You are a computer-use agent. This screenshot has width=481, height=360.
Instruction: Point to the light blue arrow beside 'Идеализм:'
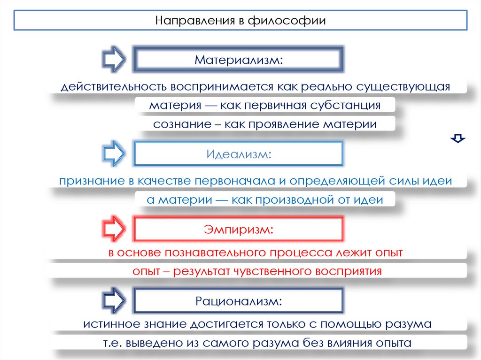point(113,153)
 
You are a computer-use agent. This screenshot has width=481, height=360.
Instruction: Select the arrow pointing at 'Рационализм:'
point(113,301)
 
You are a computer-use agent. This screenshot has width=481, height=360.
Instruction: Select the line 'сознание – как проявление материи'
point(265,124)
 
